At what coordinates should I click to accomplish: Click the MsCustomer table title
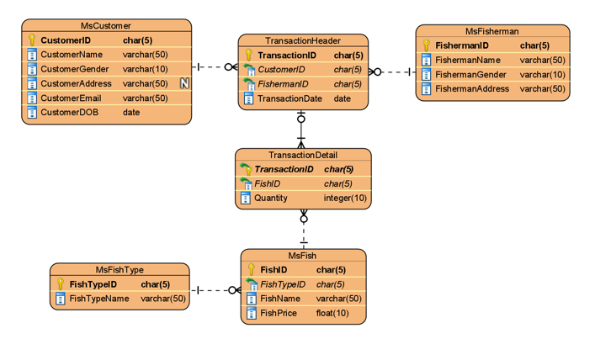click(x=106, y=26)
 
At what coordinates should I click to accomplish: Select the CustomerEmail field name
click(x=71, y=98)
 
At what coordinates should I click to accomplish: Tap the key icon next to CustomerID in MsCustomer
click(x=32, y=40)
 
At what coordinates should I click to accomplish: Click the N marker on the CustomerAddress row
click(x=184, y=83)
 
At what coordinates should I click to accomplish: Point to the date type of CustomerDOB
click(x=131, y=112)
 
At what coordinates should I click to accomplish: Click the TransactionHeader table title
click(x=303, y=40)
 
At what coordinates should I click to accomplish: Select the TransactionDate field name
click(x=290, y=98)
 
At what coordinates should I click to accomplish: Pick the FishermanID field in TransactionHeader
click(x=283, y=84)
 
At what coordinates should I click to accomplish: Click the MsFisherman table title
click(x=492, y=31)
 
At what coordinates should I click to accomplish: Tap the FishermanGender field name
click(x=470, y=75)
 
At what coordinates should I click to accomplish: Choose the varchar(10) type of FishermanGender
click(x=542, y=75)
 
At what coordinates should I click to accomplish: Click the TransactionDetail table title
click(x=303, y=155)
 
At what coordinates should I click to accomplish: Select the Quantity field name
click(x=271, y=199)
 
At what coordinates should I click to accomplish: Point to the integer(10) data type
click(x=345, y=199)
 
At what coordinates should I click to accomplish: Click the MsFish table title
click(x=303, y=256)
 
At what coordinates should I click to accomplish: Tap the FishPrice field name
click(x=279, y=314)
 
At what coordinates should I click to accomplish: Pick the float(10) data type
click(x=332, y=314)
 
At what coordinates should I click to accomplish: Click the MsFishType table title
click(x=120, y=270)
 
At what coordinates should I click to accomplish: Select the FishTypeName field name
click(x=99, y=299)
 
